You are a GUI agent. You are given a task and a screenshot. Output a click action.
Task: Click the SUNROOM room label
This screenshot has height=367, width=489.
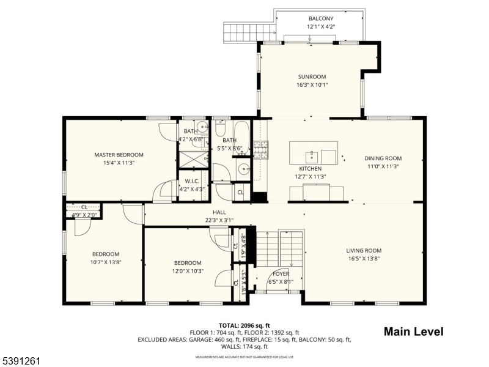pyautogui.click(x=309, y=76)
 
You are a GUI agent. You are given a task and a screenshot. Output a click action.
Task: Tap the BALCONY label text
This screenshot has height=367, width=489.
pyautogui.click(x=320, y=19)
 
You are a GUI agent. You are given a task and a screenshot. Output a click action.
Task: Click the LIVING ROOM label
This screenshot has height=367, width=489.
pyautogui.click(x=364, y=250)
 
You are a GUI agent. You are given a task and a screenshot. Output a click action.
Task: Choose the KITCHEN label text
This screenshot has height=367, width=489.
pyautogui.click(x=310, y=169)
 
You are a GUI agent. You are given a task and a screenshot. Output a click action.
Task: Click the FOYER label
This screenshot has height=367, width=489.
pyautogui.click(x=281, y=273)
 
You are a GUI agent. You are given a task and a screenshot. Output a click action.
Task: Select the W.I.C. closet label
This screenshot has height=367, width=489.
pyautogui.click(x=191, y=182)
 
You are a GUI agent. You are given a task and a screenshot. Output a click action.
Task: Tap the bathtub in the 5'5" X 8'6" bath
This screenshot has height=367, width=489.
pyautogui.click(x=241, y=135)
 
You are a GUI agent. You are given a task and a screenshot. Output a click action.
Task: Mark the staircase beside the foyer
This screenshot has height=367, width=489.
pyautogui.click(x=267, y=248)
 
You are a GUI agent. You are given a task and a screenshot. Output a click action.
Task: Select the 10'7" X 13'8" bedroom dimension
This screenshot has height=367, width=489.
pyautogui.click(x=106, y=262)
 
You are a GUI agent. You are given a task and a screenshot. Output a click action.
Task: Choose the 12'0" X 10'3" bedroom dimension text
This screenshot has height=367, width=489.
pyautogui.click(x=187, y=271)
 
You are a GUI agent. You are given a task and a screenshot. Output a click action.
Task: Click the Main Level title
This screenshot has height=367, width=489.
pyautogui.click(x=413, y=332)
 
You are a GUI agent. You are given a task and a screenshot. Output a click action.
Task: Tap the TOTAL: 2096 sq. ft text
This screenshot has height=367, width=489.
pyautogui.click(x=244, y=325)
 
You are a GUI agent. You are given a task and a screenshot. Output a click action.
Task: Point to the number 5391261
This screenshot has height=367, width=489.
pyautogui.click(x=21, y=361)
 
